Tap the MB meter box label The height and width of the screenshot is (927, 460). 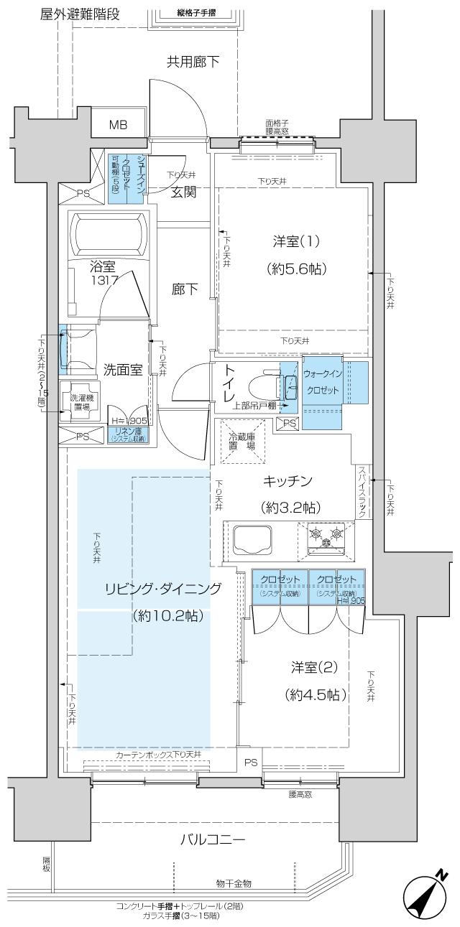point(118,125)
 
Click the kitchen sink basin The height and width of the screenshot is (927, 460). point(252,539)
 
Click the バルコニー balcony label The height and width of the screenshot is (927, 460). point(213,839)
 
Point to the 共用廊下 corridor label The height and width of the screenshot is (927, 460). point(193,62)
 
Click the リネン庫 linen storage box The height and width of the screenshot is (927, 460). point(128,434)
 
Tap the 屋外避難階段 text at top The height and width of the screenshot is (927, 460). point(80,14)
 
